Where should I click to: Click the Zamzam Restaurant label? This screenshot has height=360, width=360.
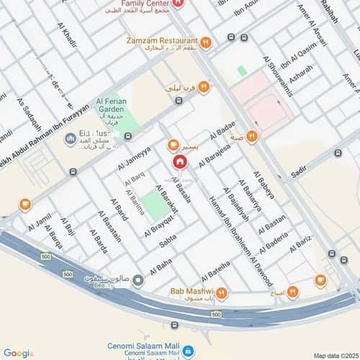[162, 41]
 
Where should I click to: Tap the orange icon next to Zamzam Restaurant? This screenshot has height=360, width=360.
[205, 42]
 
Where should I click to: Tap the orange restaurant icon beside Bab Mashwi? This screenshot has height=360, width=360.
[222, 292]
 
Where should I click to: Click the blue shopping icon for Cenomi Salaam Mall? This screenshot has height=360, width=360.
[186, 351]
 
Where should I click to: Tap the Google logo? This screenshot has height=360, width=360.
[17, 353]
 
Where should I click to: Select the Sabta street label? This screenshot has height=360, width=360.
[168, 243]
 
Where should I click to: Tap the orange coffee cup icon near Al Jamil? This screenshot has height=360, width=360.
[25, 204]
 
